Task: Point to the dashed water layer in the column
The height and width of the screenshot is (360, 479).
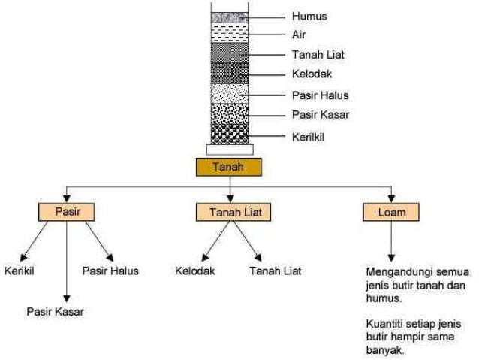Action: (230, 33)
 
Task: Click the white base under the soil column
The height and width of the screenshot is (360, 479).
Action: (230, 150)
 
